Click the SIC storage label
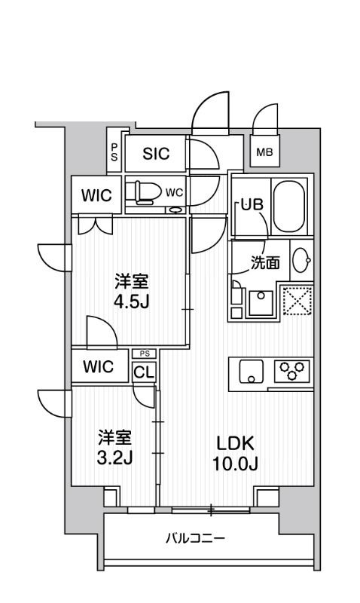pyautogui.click(x=157, y=154)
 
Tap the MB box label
pyautogui.click(x=264, y=153)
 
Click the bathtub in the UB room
pyautogui.click(x=289, y=206)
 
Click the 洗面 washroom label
pyautogui.click(x=265, y=263)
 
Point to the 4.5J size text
pyautogui.click(x=131, y=301)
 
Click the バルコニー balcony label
pyautogui.click(x=195, y=539)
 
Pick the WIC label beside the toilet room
pyautogui.click(x=96, y=196)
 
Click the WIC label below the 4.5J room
pyautogui.click(x=98, y=367)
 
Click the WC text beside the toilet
pyautogui.click(x=175, y=191)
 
